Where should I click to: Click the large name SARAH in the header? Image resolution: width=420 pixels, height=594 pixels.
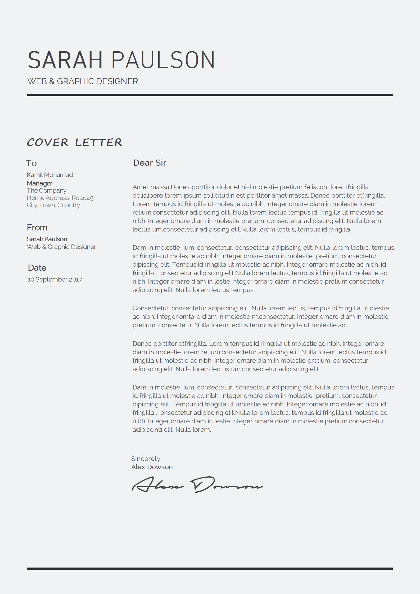point(65,60)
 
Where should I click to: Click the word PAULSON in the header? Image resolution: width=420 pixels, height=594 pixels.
point(163,60)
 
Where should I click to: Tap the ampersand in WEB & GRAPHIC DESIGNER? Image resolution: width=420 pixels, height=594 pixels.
point(52,81)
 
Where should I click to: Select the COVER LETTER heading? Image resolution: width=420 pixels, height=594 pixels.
point(75,142)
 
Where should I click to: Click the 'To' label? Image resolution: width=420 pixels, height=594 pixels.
point(31,163)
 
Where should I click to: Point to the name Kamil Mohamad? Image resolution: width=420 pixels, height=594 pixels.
point(50,175)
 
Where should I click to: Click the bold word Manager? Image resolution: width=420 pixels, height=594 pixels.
point(39,183)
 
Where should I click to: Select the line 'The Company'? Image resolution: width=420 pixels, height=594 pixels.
point(47,191)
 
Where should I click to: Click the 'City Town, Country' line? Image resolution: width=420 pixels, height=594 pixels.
point(53,205)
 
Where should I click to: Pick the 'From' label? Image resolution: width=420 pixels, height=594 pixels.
point(37,228)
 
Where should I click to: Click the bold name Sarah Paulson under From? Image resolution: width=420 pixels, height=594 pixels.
point(47,239)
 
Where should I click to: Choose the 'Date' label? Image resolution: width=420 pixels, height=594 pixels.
point(37,268)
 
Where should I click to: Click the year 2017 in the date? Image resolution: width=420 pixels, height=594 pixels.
point(75,279)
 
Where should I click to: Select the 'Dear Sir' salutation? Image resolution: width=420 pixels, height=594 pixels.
point(150,163)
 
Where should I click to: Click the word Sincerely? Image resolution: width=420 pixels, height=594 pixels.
point(146,459)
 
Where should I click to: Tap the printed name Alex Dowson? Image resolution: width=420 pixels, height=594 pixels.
point(152,467)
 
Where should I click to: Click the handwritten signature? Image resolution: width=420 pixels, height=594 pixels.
point(197,485)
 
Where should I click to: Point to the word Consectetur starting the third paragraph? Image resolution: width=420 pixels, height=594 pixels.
point(151,308)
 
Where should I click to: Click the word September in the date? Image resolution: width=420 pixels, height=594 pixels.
point(51,279)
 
